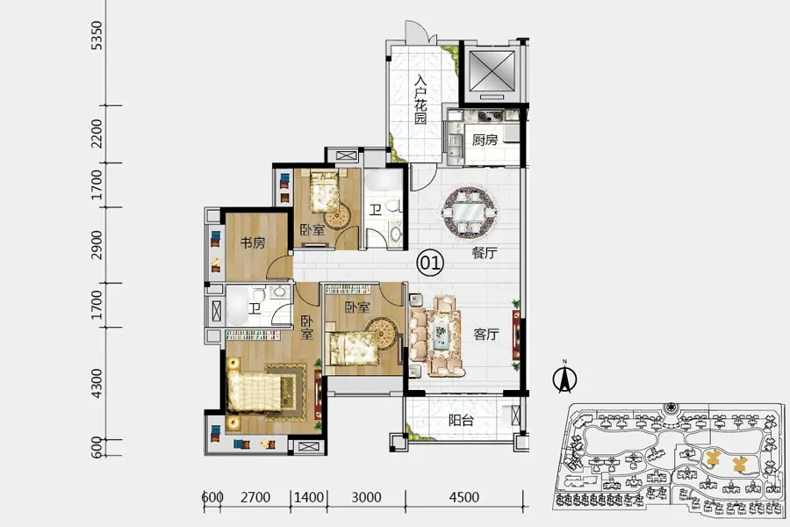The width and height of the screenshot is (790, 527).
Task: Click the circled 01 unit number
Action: [x=430, y=263]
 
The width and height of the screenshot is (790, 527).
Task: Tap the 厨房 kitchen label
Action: [x=485, y=140]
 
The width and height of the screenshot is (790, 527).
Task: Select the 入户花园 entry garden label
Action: [x=420, y=99]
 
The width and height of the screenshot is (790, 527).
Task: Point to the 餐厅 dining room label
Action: [x=485, y=253]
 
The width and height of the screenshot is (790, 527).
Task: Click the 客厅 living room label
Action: [x=486, y=334]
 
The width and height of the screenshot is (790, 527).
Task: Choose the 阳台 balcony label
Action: [x=461, y=420]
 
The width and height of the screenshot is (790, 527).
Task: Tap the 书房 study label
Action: [x=253, y=242]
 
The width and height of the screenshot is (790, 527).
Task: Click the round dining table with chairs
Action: [x=469, y=212]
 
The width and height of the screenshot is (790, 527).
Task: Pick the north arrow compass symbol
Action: [x=564, y=377]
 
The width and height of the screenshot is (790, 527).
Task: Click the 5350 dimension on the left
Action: [x=97, y=35]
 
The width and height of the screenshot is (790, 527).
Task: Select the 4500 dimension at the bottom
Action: [x=464, y=497]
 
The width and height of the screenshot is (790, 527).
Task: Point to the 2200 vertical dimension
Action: [x=97, y=134]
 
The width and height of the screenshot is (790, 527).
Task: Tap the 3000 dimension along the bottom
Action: [x=366, y=497]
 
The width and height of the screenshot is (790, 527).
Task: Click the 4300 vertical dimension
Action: [x=97, y=383]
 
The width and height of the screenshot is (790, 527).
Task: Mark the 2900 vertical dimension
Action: [x=97, y=245]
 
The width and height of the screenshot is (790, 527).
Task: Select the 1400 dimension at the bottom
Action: [x=309, y=497]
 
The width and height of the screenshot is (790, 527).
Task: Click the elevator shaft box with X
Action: [x=492, y=70]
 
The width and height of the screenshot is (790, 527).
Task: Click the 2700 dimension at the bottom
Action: [x=255, y=497]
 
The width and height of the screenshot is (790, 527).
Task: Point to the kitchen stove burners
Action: [x=490, y=115]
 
